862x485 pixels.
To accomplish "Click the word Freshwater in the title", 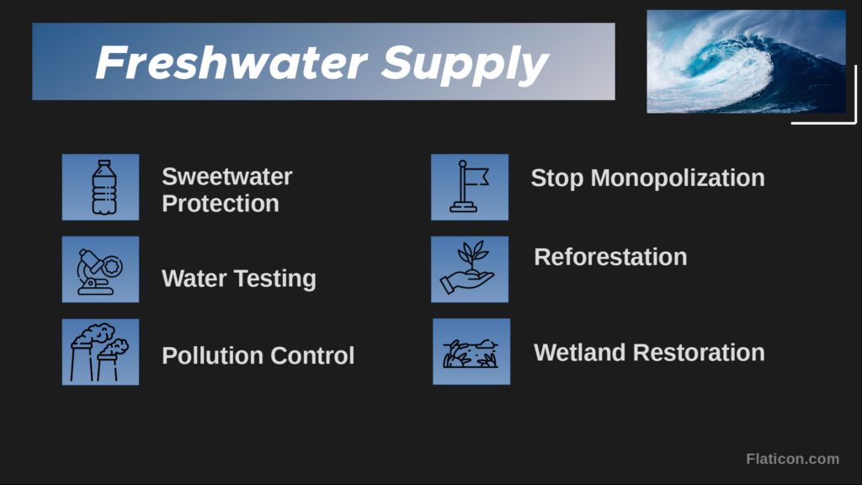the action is click(x=231, y=62).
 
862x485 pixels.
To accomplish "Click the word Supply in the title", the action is click(x=465, y=66).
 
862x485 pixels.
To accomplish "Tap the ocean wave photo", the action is click(x=746, y=61).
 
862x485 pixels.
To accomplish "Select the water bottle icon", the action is click(x=104, y=187).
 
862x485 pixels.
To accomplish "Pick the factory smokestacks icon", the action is click(x=99, y=352).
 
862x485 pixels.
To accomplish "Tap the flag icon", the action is click(x=469, y=186).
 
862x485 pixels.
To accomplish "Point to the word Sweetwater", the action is click(x=227, y=177).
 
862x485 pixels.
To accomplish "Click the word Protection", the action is click(x=221, y=204).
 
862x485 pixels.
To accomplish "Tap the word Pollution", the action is click(x=212, y=355).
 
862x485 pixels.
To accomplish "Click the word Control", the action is click(x=312, y=355).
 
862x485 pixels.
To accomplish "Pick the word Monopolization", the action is click(x=678, y=179).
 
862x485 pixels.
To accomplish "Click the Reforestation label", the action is click(x=610, y=257).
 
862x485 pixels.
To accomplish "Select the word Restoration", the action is click(x=699, y=353).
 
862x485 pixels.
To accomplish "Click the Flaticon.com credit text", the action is click(x=792, y=459).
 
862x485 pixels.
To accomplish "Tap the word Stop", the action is click(x=557, y=179).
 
